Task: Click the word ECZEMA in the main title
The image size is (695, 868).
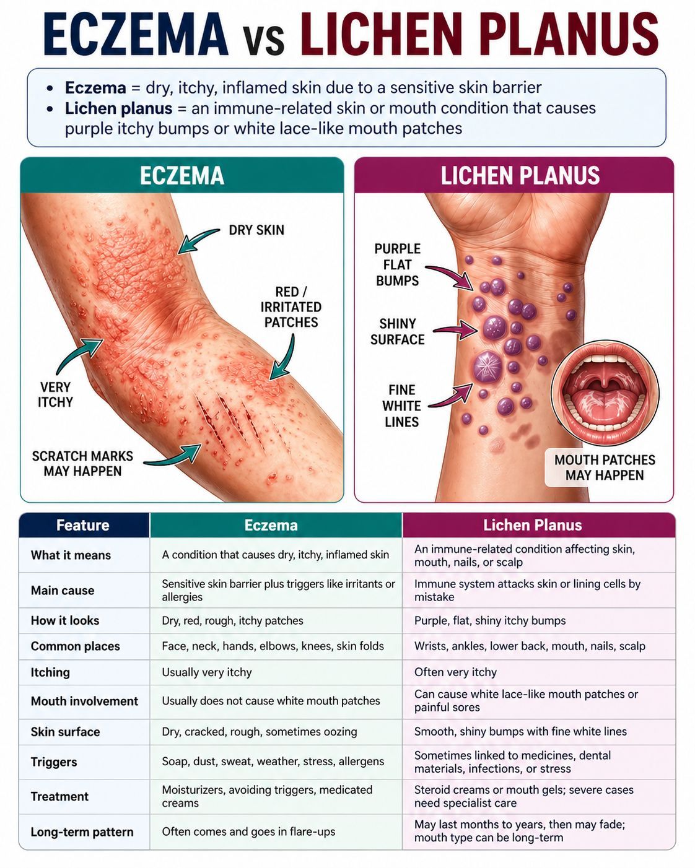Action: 136,34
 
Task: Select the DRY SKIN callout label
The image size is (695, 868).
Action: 256,230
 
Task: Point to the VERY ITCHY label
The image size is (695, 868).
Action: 55,394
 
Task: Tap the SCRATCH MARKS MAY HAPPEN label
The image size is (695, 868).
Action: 83,464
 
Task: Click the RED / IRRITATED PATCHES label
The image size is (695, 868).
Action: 291,307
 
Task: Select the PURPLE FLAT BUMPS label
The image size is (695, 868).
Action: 398,264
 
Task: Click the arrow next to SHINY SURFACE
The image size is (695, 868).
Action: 456,329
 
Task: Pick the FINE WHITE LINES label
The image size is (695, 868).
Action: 401,406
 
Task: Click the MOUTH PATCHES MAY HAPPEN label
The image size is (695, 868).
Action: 605,467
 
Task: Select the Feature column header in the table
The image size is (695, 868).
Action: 83,525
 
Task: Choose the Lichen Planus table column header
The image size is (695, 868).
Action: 533,525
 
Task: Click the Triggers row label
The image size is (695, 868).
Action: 54,762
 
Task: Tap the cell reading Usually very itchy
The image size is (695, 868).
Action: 207,672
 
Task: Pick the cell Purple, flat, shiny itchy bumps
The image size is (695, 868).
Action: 490,620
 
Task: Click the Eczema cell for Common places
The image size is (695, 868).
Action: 273,646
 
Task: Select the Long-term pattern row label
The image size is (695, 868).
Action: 82,832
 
